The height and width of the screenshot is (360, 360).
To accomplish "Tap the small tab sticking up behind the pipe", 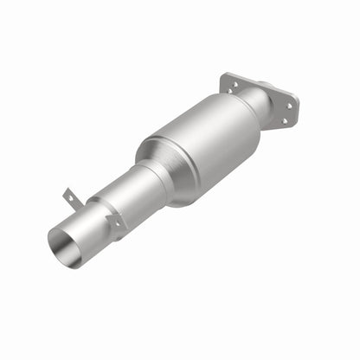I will point(70,198).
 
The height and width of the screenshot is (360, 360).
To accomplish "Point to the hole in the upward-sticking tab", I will point(69,196).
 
